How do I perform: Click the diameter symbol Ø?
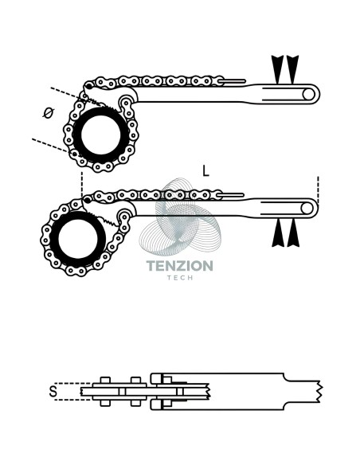49,113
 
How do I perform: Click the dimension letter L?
205,171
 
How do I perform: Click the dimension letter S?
53,392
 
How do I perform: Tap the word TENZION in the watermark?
180,266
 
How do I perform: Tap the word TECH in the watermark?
180,278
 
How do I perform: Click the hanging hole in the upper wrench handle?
309,94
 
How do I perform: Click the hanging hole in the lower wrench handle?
307,209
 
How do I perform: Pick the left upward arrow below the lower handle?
278,232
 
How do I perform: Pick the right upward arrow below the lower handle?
293,232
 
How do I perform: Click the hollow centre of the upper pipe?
101,135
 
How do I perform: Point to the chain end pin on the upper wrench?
233,81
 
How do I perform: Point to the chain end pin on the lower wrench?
232,195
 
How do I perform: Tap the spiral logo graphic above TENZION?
180,217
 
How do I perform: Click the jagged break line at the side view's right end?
319,392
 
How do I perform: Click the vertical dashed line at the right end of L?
318,190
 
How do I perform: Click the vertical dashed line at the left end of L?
81,185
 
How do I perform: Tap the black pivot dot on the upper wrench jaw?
88,87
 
